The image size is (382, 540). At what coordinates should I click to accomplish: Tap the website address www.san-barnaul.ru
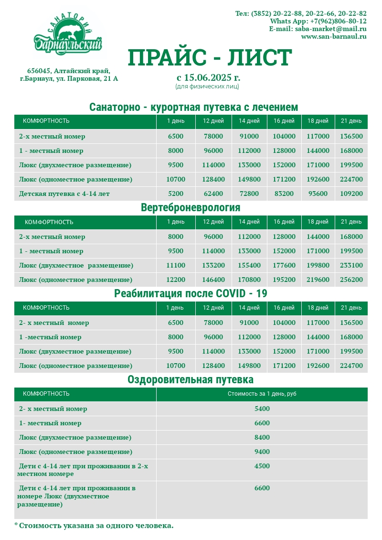click(334, 36)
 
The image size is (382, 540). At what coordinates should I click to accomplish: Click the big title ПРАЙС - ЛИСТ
click(210, 57)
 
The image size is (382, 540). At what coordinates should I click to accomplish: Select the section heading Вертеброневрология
click(191, 208)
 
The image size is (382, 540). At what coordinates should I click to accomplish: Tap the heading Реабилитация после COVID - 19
click(191, 293)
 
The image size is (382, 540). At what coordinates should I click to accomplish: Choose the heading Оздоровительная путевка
click(191, 380)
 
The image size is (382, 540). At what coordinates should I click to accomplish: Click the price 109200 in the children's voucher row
click(351, 194)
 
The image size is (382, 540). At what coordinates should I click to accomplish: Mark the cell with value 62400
click(213, 194)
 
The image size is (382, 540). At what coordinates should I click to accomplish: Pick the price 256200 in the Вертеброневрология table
click(351, 280)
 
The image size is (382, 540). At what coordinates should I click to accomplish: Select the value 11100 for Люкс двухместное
click(175, 266)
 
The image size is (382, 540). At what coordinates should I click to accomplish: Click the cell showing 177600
click(284, 266)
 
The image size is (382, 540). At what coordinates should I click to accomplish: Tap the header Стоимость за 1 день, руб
click(262, 394)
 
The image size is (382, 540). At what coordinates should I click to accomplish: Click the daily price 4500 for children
click(262, 466)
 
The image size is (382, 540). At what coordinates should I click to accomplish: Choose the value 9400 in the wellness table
click(262, 452)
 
